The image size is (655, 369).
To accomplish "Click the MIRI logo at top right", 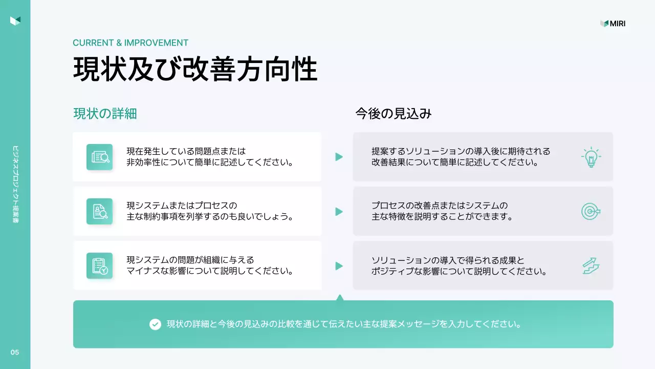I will (x=613, y=24).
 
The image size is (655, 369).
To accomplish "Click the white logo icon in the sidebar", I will (x=15, y=20).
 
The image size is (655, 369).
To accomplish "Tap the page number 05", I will (x=15, y=352).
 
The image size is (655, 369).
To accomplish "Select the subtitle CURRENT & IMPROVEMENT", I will (x=130, y=43).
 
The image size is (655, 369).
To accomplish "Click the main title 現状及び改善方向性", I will (x=195, y=69).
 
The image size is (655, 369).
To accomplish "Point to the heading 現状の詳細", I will (x=105, y=114).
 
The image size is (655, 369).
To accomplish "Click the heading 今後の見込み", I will (x=394, y=114).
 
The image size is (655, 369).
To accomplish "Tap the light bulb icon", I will (x=591, y=157).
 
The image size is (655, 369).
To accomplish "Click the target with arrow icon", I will (x=591, y=211).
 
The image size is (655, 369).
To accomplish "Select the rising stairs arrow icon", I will (x=591, y=265).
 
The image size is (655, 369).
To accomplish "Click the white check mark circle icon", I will (x=155, y=324).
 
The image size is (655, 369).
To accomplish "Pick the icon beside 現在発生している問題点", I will (x=99, y=157).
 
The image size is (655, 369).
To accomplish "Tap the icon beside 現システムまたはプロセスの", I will (x=99, y=211).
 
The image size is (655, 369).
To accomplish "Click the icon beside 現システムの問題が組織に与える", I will (x=99, y=265).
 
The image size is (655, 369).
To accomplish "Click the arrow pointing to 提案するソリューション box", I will (x=339, y=157).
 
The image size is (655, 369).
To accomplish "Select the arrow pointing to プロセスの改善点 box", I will (x=339, y=211).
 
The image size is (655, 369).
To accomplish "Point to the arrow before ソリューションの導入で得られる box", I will (x=339, y=265).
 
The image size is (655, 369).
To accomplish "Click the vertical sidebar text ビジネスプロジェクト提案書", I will (x=15, y=184).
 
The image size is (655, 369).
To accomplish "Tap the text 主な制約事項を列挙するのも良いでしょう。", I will (x=210, y=217).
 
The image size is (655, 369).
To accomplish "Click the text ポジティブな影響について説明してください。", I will (x=459, y=271).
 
